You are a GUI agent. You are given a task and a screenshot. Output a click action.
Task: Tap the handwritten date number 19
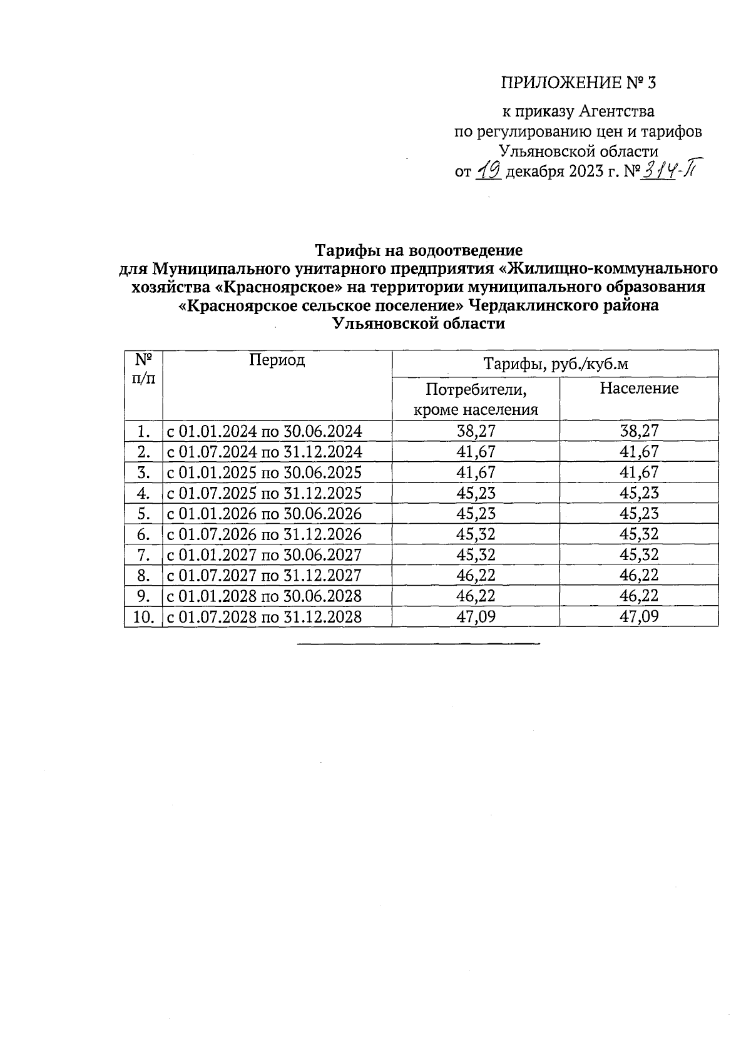pos(488,170)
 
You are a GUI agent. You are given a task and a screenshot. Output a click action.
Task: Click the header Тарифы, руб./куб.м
pos(554,364)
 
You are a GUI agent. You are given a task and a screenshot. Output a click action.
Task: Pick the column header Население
pos(638,389)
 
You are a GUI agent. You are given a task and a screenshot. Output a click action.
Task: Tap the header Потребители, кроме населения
pos(476,399)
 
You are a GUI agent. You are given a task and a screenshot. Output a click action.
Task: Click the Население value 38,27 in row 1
pos(639,431)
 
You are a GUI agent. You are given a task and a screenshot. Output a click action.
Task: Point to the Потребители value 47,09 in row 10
pos(476,617)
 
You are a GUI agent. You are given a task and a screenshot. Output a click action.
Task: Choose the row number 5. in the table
pos(143,514)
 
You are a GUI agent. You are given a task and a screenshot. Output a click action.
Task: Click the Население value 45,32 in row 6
pos(639,534)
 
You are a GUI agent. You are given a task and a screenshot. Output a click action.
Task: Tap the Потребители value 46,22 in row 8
pos(476,576)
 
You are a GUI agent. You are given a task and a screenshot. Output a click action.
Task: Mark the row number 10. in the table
pos(143,617)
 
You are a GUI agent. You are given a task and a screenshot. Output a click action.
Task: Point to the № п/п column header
pos(143,369)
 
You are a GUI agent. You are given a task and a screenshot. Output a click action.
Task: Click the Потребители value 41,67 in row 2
pos(476,452)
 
